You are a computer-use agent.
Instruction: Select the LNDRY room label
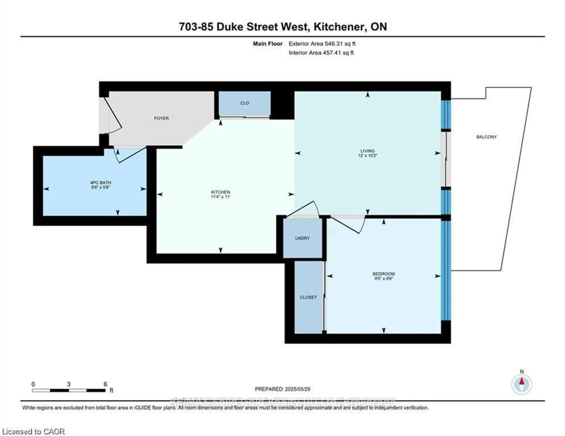pos(302,238)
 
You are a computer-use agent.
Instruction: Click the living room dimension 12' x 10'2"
pos(367,156)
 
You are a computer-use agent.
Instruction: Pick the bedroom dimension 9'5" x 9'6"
pos(384,278)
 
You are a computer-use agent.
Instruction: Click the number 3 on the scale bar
pos(69,384)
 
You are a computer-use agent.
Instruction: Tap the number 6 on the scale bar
pos(105,384)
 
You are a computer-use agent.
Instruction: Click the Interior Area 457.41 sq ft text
pos(321,53)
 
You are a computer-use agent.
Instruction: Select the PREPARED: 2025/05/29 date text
pos(282,389)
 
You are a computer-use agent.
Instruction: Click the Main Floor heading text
pos(267,44)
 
